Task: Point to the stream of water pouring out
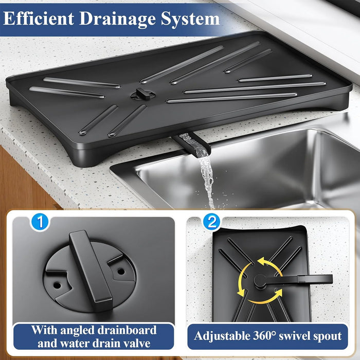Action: coord(207,175)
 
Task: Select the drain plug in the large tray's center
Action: coord(140,94)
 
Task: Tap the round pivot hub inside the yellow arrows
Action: coord(259,280)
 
